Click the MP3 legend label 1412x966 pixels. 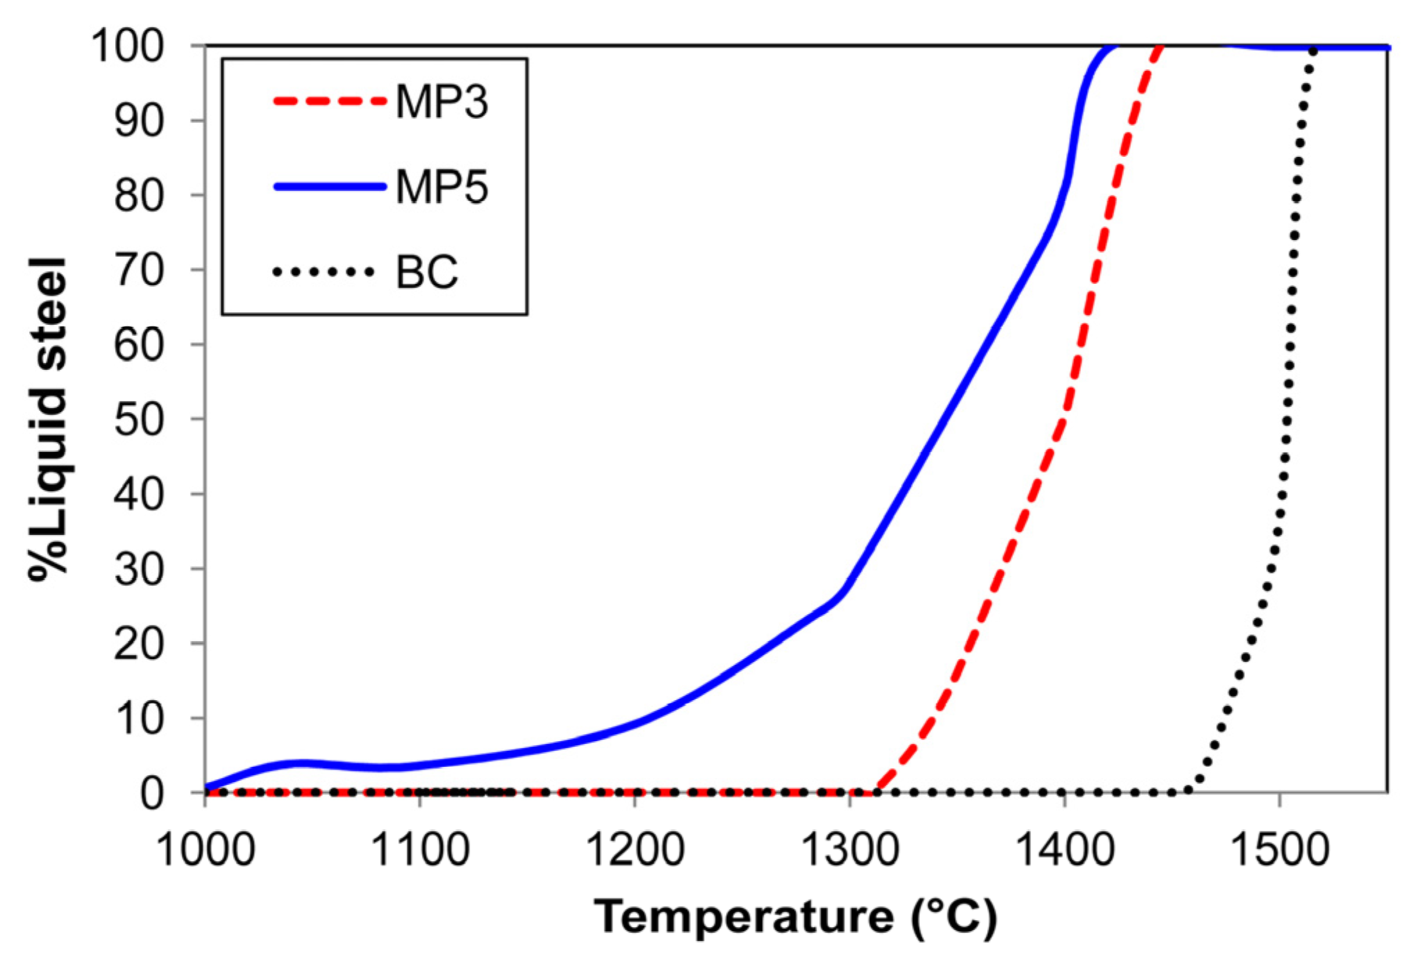point(442,102)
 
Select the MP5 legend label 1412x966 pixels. point(442,187)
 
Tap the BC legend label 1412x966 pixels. point(426,272)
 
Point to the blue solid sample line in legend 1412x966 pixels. point(329,186)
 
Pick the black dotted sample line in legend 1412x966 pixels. point(323,272)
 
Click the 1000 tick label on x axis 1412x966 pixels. point(206,849)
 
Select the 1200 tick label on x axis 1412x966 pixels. point(635,849)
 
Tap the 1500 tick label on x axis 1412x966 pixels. point(1279,849)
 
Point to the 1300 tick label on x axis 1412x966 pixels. point(850,849)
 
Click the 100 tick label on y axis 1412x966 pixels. point(127,46)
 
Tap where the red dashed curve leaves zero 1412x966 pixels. point(877,790)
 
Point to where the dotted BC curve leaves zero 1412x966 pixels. point(1188,790)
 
